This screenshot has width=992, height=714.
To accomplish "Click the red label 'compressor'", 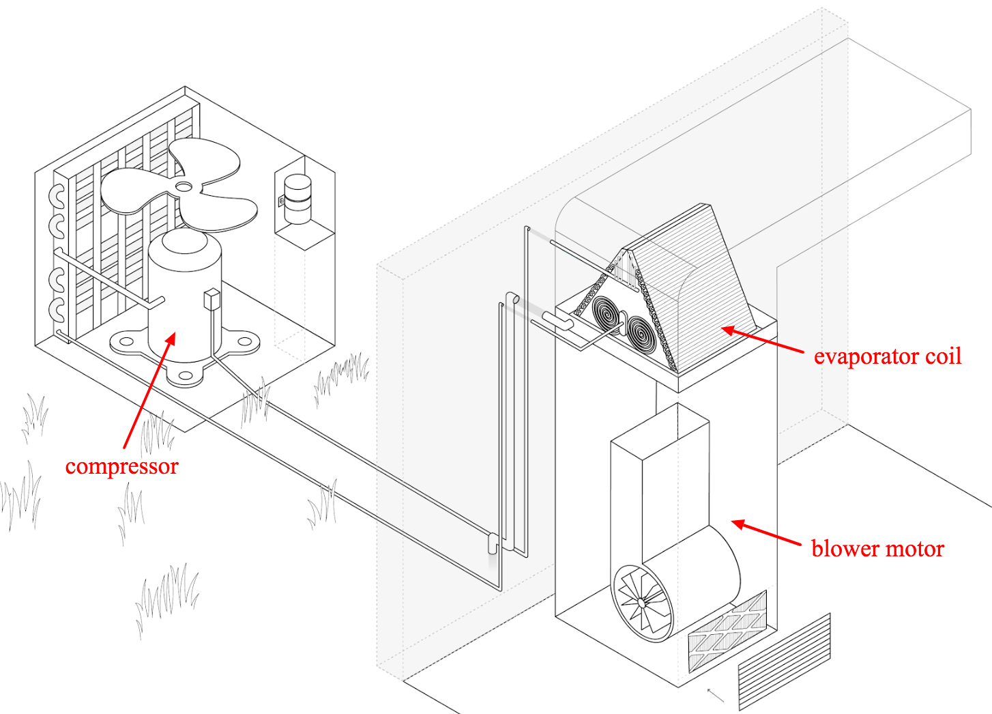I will [x=121, y=466].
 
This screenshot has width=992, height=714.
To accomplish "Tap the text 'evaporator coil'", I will [x=887, y=356].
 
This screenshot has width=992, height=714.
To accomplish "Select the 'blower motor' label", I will [x=877, y=549].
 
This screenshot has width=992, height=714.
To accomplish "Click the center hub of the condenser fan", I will [x=184, y=186].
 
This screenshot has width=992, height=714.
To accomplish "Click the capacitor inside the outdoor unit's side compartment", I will [x=297, y=199].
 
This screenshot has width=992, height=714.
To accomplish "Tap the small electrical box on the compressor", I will [x=211, y=299].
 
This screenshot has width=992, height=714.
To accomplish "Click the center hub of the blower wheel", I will [x=641, y=603].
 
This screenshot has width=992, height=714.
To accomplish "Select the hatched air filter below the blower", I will [x=727, y=632].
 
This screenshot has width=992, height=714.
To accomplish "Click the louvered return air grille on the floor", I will [x=785, y=661].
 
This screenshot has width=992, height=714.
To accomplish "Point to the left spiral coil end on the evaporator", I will [x=606, y=315].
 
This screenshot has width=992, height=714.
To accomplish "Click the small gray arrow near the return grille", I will [x=715, y=695].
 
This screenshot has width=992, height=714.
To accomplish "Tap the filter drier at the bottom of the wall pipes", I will [x=493, y=543].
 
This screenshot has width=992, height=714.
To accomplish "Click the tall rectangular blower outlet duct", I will [x=658, y=478].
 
